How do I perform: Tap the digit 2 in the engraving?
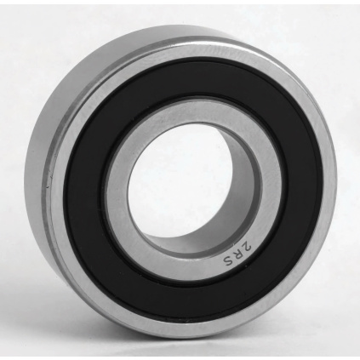point(246,244)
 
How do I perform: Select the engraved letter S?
point(228,258)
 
